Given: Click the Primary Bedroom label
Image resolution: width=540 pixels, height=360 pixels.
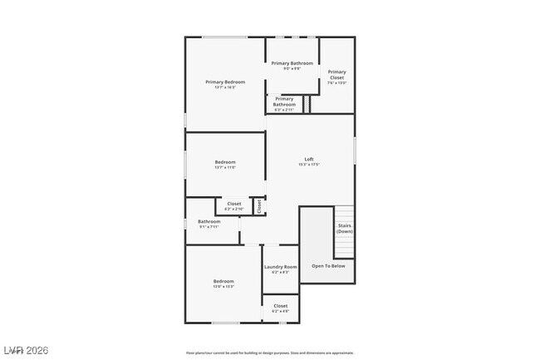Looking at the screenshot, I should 225,81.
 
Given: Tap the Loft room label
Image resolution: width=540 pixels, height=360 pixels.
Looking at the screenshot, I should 309,159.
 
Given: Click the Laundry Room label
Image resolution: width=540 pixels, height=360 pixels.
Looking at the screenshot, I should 280,267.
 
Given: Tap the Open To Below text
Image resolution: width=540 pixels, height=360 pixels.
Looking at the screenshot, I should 328,266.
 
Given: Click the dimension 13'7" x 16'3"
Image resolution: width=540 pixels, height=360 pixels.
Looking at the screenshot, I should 225,87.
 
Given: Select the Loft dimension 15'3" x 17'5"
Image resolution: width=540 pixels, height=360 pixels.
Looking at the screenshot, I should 309,165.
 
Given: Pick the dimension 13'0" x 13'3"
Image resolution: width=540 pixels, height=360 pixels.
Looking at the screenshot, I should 223,287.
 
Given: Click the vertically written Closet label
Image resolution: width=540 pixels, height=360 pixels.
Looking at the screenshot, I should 258,205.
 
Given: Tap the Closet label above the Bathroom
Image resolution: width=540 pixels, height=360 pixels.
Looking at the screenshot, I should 234,204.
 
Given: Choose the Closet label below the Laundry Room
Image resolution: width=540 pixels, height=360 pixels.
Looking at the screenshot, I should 281,306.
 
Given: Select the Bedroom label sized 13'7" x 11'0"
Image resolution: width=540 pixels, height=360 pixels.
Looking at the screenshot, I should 225,162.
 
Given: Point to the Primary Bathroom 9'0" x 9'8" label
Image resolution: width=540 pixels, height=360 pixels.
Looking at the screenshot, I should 292,63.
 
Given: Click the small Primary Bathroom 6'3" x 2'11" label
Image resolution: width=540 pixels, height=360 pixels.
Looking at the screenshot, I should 284,103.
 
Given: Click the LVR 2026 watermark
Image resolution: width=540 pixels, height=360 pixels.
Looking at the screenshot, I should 26,350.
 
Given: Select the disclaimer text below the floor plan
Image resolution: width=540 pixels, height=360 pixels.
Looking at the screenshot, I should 270,353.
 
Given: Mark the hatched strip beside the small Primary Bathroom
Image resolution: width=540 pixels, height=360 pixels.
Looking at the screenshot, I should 306,104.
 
